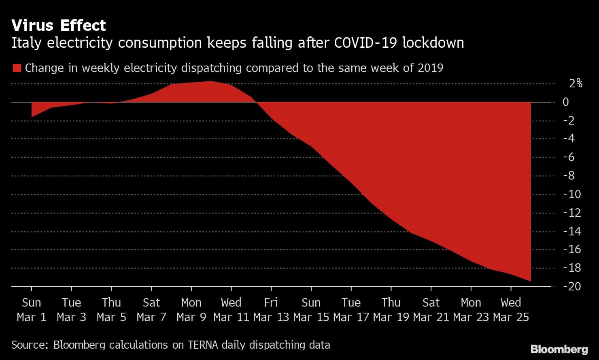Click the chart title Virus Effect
point(59,25)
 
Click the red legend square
point(17,68)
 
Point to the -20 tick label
point(572,286)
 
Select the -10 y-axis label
point(572,194)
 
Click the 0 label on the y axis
point(566,102)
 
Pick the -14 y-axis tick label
point(572,231)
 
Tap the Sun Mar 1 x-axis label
point(32,310)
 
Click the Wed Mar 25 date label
point(511,310)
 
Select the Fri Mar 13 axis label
point(271,310)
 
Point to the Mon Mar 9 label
point(191,310)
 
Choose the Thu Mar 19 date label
point(391,310)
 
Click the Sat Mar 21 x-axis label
point(431,310)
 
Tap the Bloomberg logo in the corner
point(559,349)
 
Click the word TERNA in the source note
point(203,345)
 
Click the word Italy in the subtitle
point(26,43)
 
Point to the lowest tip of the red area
point(530,281)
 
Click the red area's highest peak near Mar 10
point(211,82)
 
